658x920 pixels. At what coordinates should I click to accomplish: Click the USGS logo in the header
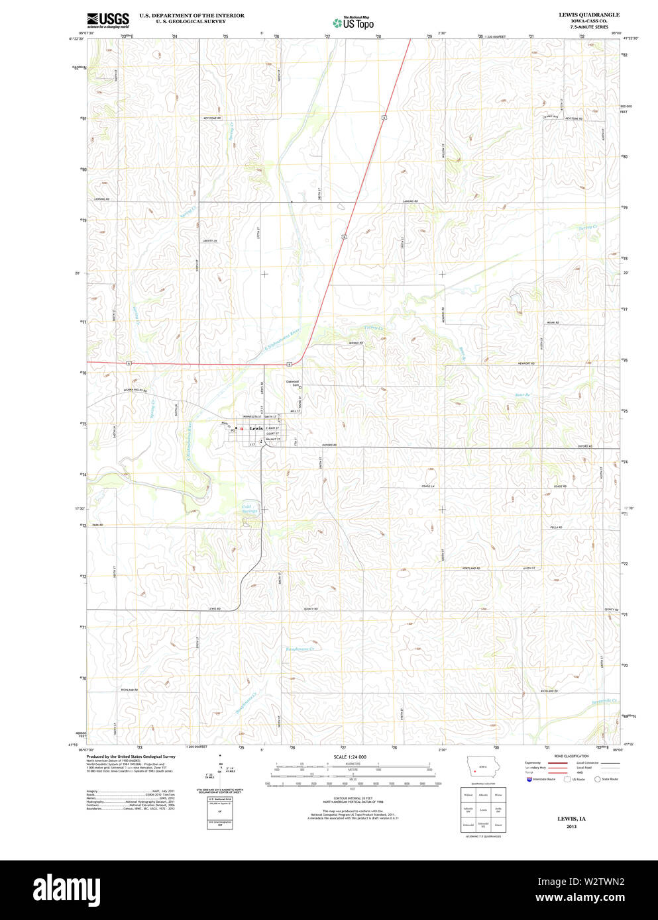(107, 19)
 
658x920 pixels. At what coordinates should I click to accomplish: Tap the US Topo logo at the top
(353, 23)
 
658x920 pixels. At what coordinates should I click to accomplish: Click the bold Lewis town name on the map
(256, 428)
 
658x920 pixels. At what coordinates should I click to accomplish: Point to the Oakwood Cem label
(292, 383)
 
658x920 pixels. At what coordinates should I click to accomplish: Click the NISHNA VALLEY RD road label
(133, 391)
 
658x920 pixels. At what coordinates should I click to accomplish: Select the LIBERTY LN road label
(210, 241)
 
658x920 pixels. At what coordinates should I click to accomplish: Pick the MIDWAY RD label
(356, 343)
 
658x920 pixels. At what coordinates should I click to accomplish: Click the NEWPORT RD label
(527, 363)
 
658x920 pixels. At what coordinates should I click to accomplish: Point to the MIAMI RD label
(553, 322)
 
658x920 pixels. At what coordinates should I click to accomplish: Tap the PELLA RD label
(555, 528)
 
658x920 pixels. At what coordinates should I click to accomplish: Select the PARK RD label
(97, 525)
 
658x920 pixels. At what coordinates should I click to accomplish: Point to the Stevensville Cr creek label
(604, 701)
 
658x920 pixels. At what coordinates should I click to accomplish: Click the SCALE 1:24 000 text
(350, 757)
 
